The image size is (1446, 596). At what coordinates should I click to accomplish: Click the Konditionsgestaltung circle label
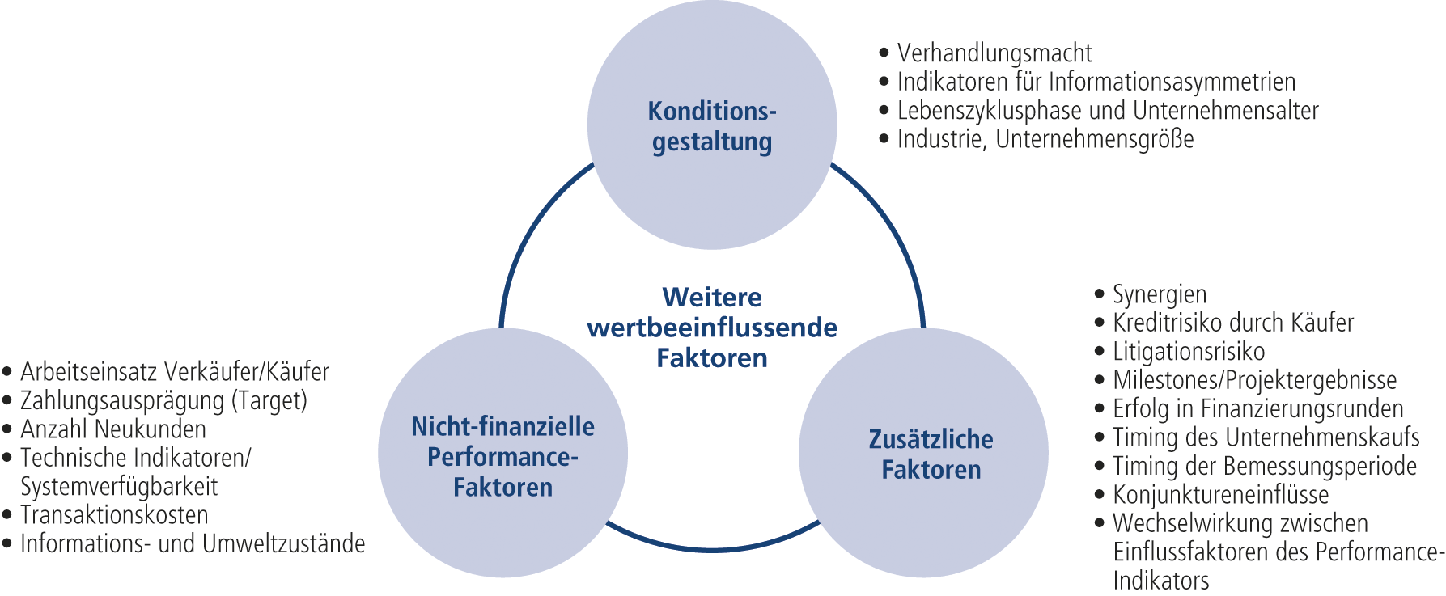pyautogui.click(x=711, y=126)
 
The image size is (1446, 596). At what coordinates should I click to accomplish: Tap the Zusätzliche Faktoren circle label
pyautogui.click(x=931, y=454)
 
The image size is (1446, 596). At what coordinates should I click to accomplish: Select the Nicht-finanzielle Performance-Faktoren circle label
pyautogui.click(x=502, y=457)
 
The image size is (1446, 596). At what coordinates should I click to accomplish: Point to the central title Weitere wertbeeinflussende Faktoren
pyautogui.click(x=712, y=328)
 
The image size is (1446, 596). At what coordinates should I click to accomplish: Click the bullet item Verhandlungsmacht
pyautogui.click(x=994, y=53)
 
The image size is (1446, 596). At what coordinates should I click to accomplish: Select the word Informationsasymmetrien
pyautogui.click(x=1172, y=82)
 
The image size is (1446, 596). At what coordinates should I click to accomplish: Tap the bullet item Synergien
pyautogui.click(x=1160, y=294)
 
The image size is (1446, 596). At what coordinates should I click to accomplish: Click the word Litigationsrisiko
pyautogui.click(x=1189, y=352)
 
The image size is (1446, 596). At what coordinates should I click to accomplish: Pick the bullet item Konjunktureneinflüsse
pyautogui.click(x=1221, y=495)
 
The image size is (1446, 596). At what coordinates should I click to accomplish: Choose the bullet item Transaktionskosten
pyautogui.click(x=114, y=515)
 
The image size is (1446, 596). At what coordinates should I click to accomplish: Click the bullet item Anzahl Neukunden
pyautogui.click(x=113, y=429)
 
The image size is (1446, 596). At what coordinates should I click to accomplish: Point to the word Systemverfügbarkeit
pyautogui.click(x=119, y=487)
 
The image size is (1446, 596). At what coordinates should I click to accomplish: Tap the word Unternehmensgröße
pyautogui.click(x=1095, y=139)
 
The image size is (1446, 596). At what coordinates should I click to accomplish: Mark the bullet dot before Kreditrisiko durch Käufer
pyautogui.click(x=1099, y=323)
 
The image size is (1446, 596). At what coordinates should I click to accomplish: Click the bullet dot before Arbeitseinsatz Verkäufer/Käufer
pyautogui.click(x=7, y=373)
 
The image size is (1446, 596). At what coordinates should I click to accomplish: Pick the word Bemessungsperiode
pyautogui.click(x=1320, y=467)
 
